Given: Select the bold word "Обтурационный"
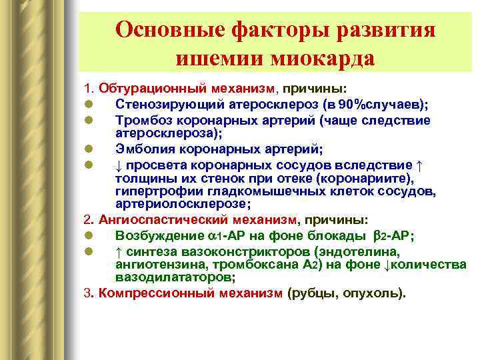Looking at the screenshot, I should pos(143,89).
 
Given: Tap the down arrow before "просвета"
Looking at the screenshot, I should pos(119,165).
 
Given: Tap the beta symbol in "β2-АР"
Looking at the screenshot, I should pos(376,235).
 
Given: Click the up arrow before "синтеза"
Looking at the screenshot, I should pos(119,251).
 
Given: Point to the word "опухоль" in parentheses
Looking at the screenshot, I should pos(374,293).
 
